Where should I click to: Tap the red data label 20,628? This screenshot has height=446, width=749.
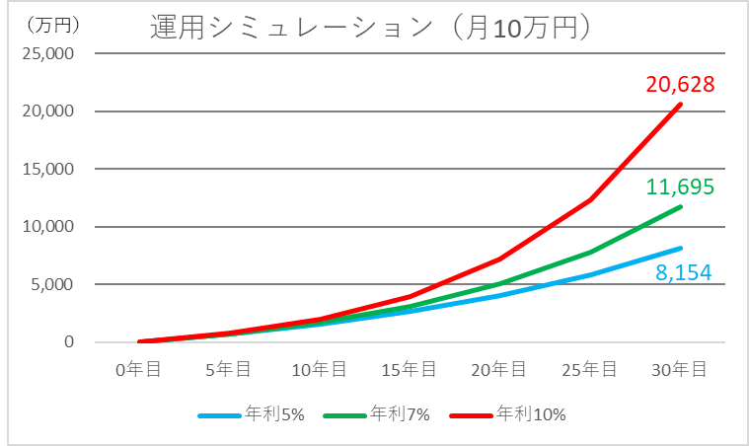coord(680,85)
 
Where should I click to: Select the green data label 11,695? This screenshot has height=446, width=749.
coord(680,186)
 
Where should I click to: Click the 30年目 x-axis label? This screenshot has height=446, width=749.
coord(680,369)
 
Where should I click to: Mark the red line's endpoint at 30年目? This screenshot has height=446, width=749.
coord(680,104)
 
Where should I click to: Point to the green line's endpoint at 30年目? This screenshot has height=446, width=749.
coord(680,207)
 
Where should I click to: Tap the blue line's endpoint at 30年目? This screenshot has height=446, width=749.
coord(680,248)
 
